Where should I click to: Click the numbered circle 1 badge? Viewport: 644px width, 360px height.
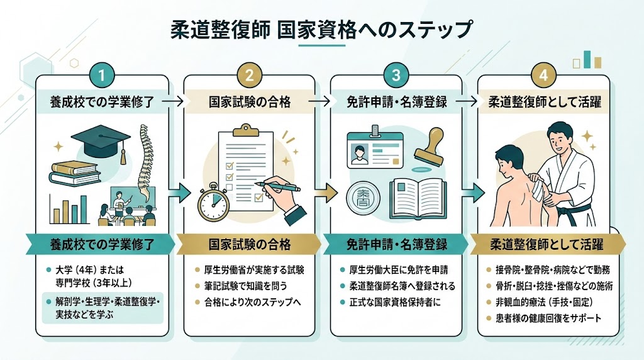tap(101, 76)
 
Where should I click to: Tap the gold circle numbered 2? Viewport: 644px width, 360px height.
tap(249, 76)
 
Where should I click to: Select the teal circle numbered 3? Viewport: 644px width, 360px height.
tap(396, 76)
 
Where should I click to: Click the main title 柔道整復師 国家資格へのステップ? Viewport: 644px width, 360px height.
tap(321, 30)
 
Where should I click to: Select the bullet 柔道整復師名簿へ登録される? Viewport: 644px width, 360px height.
tap(401, 286)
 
